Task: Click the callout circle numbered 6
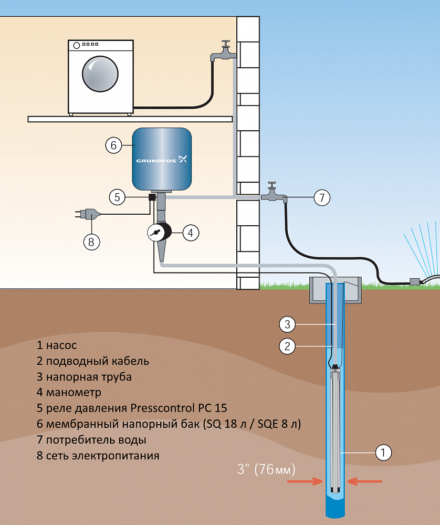[113, 145]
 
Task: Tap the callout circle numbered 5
[118, 197]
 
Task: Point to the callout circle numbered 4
[191, 233]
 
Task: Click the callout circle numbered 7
[322, 197]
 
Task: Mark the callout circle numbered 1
[384, 451]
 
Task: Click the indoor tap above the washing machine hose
[223, 52]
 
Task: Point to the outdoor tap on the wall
[274, 194]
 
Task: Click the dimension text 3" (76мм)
[267, 469]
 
